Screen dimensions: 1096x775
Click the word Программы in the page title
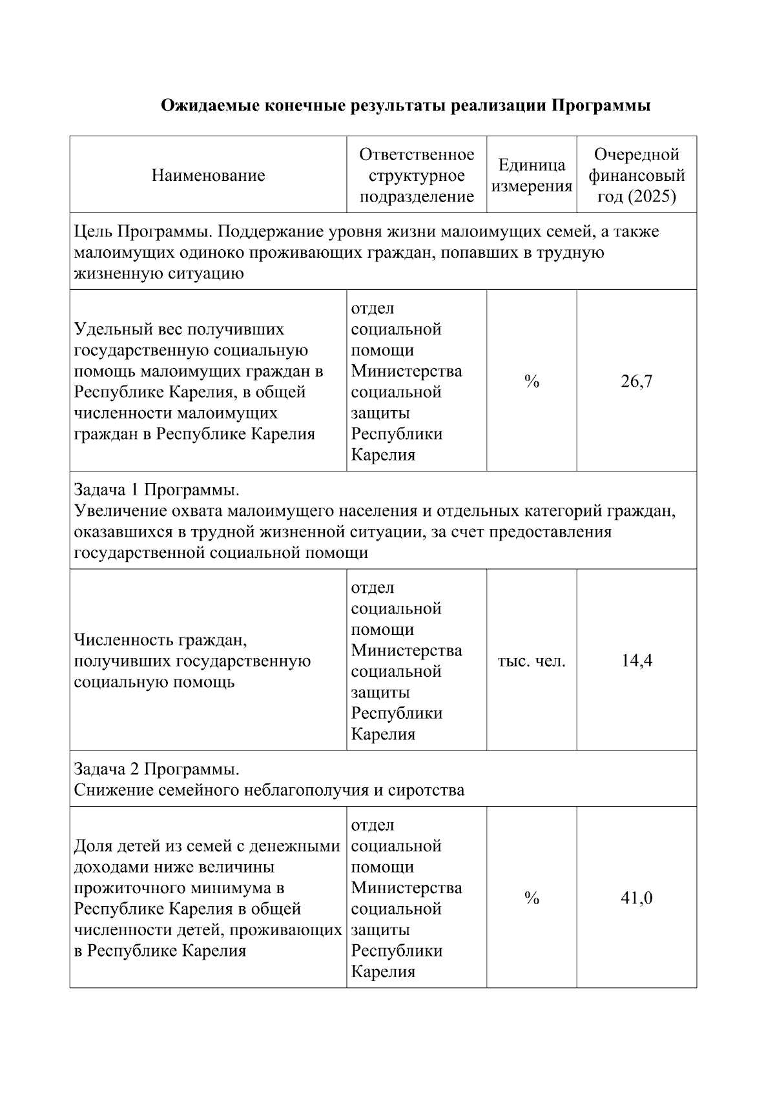tap(601, 106)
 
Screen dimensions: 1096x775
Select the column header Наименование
tap(208, 176)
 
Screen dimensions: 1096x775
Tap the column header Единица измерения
tap(532, 176)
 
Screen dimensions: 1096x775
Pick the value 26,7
tap(637, 382)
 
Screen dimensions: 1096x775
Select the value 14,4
tap(637, 661)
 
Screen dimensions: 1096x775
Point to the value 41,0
tap(637, 898)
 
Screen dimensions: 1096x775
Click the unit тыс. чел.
tap(532, 661)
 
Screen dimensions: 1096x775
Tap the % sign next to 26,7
tap(532, 382)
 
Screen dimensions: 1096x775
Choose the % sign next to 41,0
tap(532, 898)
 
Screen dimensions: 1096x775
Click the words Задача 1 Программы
tap(156, 490)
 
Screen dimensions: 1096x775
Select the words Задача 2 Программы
tap(156, 770)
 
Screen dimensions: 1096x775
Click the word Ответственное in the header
tap(417, 155)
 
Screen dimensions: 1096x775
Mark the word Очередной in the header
tap(637, 155)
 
